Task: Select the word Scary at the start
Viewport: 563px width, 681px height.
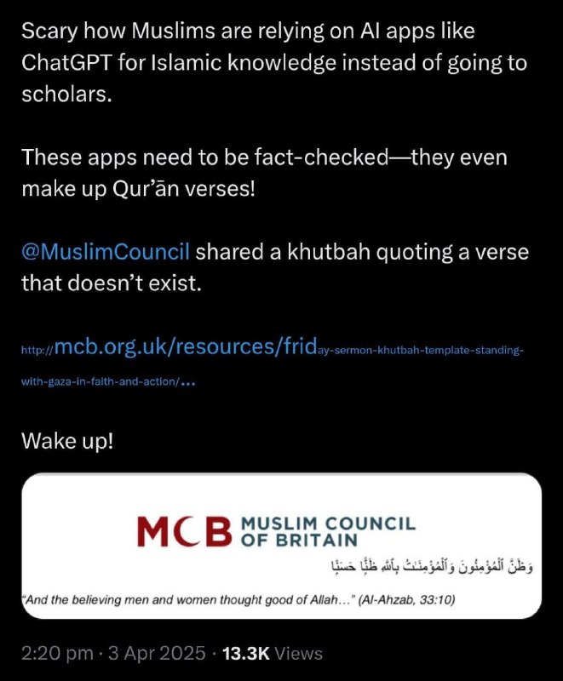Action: click(x=45, y=31)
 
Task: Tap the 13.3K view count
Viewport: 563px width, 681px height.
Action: click(x=246, y=653)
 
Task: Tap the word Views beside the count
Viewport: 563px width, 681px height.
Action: click(x=297, y=653)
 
